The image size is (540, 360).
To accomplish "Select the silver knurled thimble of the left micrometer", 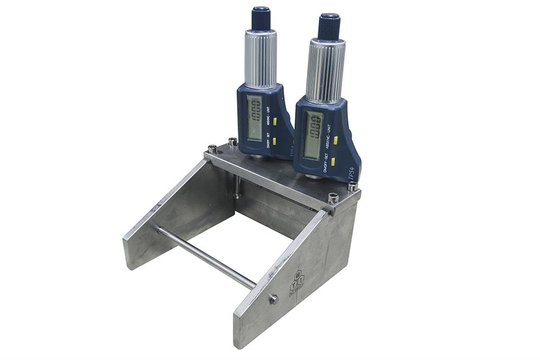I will tap(261, 58).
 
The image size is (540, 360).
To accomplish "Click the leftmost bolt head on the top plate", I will tap(213, 149).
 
